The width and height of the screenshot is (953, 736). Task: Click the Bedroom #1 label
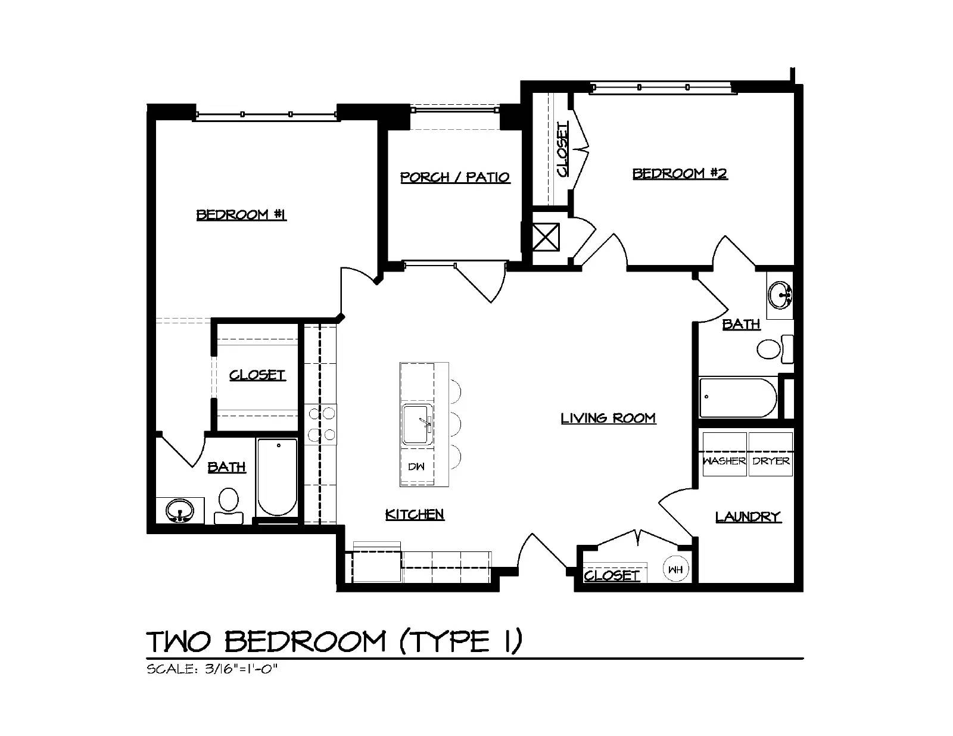point(241,215)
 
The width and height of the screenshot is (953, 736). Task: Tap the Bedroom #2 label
point(680,174)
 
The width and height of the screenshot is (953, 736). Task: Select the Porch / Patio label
point(455,177)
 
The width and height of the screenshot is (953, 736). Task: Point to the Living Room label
point(608,418)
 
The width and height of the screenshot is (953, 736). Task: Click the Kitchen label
point(415,514)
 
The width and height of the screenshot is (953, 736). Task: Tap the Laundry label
point(748,517)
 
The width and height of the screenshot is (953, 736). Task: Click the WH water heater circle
point(676,569)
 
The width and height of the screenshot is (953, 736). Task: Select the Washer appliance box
point(724,454)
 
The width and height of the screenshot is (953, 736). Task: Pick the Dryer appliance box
point(771,454)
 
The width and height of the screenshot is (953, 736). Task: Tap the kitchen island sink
point(418,425)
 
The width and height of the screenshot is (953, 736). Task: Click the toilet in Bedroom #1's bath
point(229,505)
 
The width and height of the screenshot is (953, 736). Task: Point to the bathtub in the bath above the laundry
point(738,398)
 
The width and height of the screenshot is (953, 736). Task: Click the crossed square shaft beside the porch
point(546,237)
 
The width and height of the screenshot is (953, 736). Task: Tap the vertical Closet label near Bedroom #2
point(562,149)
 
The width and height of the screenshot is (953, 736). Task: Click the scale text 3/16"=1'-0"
point(241,669)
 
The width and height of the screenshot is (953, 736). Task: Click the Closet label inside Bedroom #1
point(257,375)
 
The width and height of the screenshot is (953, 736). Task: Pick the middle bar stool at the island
point(455,423)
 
